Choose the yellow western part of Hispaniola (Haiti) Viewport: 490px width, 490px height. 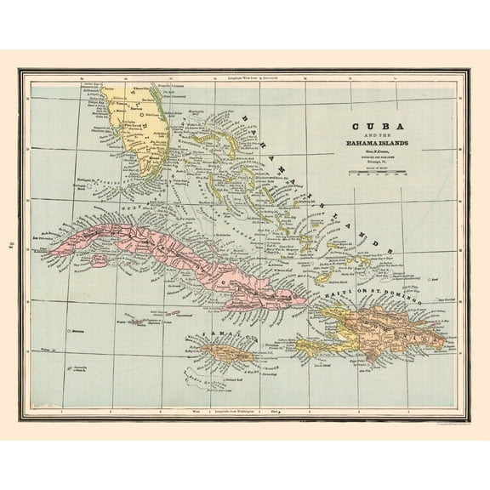336,328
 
